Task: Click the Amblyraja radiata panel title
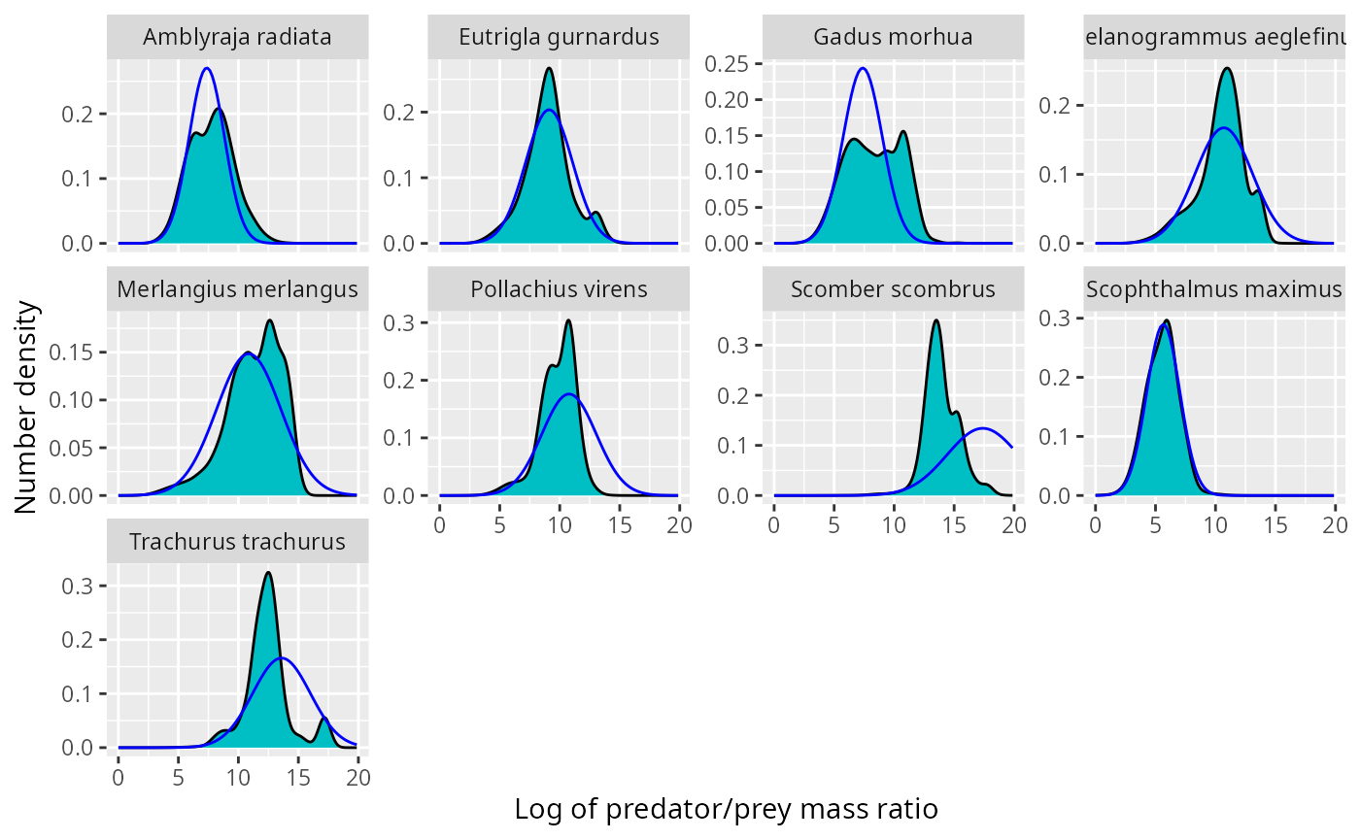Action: [237, 37]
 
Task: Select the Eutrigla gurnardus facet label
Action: [559, 37]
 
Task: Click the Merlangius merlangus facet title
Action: [237, 289]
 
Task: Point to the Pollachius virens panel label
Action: [559, 289]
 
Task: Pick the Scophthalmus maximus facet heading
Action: [1214, 289]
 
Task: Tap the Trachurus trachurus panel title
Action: [237, 541]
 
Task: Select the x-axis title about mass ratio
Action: [726, 809]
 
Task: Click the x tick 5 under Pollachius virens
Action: [499, 525]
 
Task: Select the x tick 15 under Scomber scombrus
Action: [954, 525]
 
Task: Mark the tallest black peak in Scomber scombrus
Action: [935, 320]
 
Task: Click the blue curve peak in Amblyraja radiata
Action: [206, 68]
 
